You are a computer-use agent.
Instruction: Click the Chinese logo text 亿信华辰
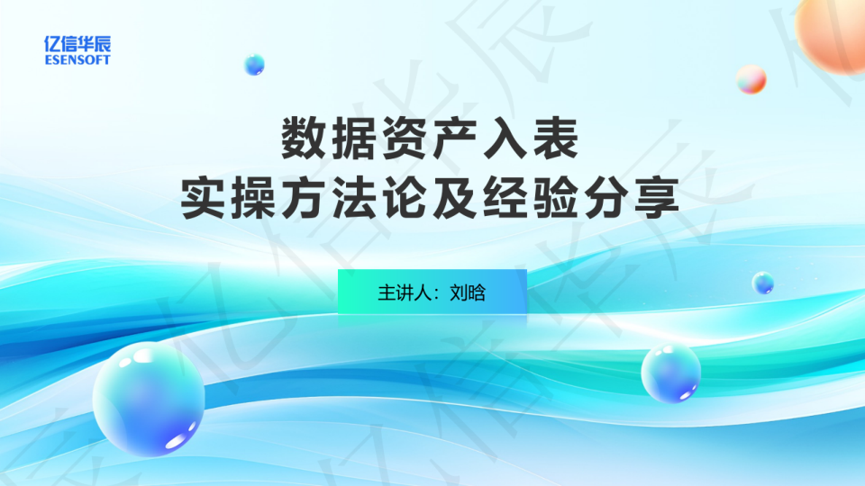tap(77, 43)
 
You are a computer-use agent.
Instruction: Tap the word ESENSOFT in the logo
tap(77, 59)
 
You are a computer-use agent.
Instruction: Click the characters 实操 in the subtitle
tap(228, 198)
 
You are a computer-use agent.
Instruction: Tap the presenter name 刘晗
tap(468, 292)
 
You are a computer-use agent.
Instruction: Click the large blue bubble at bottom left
tap(149, 399)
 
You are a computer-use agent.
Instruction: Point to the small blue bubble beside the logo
tap(254, 65)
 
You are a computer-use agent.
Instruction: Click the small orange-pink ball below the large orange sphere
tap(751, 79)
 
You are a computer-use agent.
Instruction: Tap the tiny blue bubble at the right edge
tap(763, 283)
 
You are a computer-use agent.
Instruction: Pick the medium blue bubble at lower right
tap(670, 373)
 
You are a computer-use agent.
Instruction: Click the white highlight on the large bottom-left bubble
tap(177, 441)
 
